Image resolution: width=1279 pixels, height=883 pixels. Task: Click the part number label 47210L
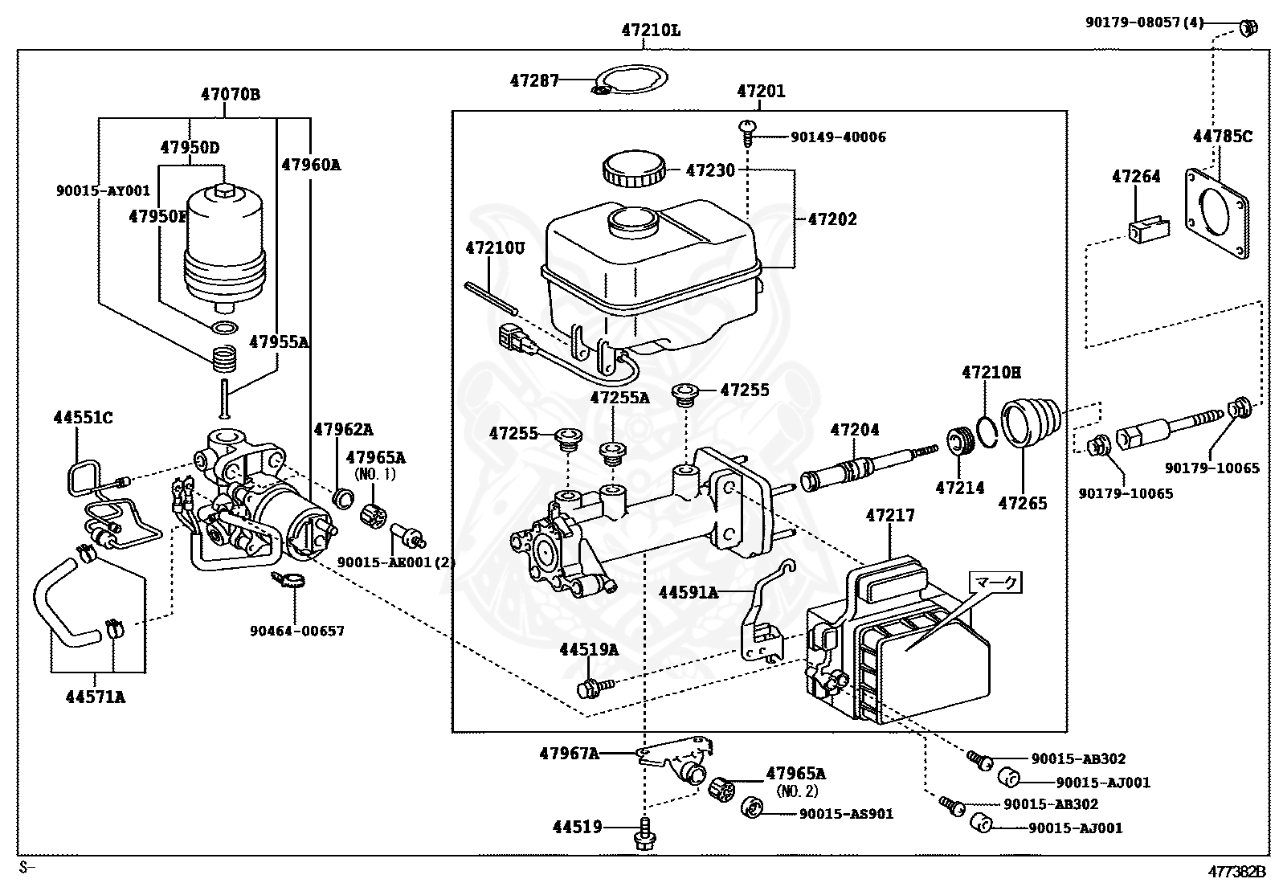[650, 31]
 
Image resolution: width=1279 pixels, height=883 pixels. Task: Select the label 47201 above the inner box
[760, 92]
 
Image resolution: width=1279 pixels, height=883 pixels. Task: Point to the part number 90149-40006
[838, 137]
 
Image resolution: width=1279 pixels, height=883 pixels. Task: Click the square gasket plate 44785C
[1218, 214]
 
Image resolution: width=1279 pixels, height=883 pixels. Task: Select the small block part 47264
[1146, 231]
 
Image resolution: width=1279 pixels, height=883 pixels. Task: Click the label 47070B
[231, 95]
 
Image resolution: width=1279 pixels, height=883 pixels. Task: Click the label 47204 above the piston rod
[855, 430]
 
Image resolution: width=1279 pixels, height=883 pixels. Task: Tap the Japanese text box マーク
[996, 583]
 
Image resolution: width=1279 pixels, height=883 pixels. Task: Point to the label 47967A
[569, 753]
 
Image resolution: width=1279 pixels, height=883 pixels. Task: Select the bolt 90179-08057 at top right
[1248, 28]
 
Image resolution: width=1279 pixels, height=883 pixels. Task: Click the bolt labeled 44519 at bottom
[644, 834]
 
